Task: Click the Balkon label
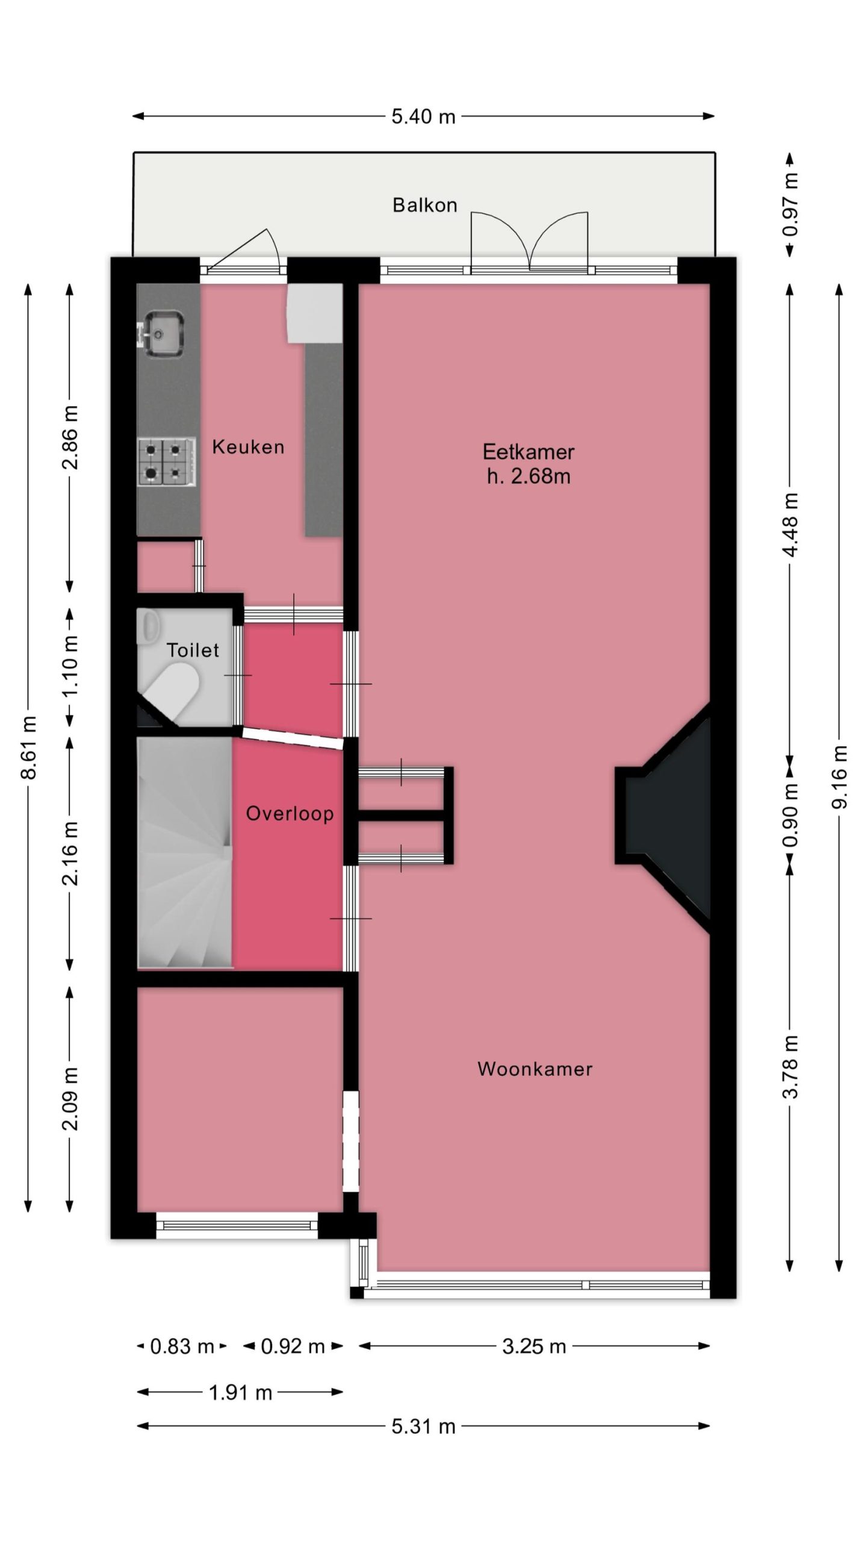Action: click(x=424, y=205)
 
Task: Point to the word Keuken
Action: click(x=248, y=447)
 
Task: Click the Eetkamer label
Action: click(x=529, y=452)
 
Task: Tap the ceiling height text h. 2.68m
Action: click(x=529, y=476)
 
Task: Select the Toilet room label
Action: click(x=193, y=651)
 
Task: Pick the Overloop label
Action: click(x=290, y=814)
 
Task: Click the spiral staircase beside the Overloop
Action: click(x=185, y=852)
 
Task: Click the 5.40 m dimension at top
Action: click(x=423, y=116)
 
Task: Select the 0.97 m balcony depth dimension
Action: click(x=791, y=205)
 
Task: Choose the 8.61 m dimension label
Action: click(x=28, y=747)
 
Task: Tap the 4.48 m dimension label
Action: click(x=791, y=525)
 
